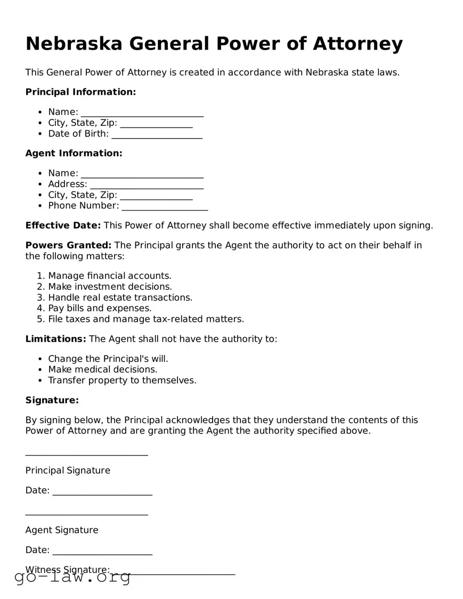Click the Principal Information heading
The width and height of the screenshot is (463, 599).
click(x=80, y=92)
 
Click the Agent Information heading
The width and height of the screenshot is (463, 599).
click(x=74, y=153)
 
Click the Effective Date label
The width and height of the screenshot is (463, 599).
click(x=63, y=225)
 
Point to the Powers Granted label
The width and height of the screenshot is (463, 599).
click(x=68, y=245)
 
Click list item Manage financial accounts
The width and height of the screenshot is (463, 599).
click(x=110, y=276)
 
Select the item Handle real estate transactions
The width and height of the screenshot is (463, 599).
click(x=120, y=297)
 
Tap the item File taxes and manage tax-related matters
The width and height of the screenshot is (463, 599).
click(x=145, y=319)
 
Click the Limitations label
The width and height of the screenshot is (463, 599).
click(x=55, y=339)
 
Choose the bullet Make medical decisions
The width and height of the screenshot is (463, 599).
click(x=102, y=369)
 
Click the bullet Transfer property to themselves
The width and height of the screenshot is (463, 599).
click(x=122, y=381)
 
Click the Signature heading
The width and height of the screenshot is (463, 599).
click(x=52, y=400)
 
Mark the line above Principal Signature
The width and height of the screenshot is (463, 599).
click(x=86, y=454)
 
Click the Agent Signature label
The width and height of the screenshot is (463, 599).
click(x=62, y=530)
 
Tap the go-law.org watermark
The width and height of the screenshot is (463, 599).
click(x=72, y=577)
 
